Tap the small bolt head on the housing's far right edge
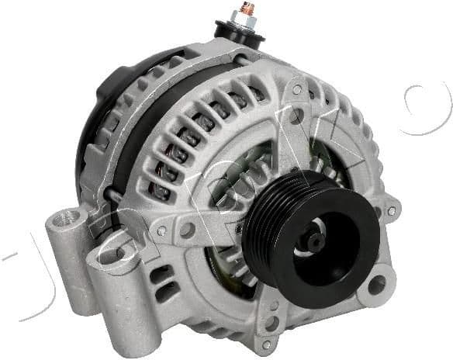(379, 210)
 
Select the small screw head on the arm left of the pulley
(161, 230)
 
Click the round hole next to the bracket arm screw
(186, 230)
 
